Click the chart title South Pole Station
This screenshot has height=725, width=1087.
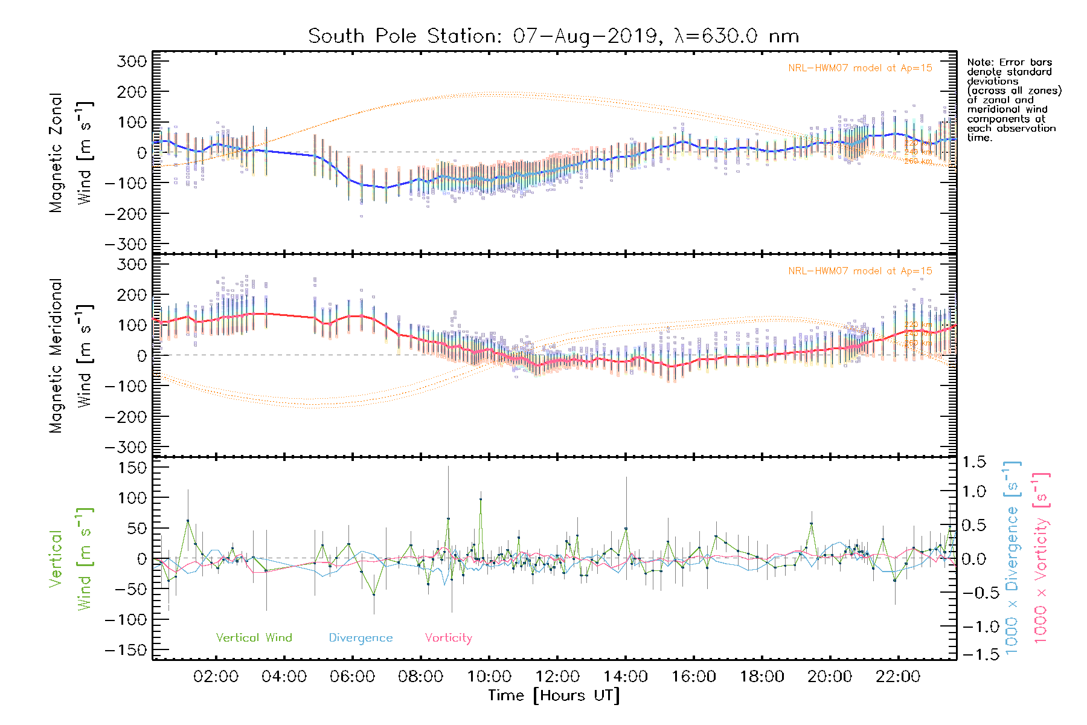click(x=553, y=36)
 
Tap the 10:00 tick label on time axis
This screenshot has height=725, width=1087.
click(x=489, y=677)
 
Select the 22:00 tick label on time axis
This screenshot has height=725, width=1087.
click(x=898, y=677)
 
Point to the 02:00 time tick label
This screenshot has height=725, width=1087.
click(x=216, y=677)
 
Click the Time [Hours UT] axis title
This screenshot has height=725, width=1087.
click(x=554, y=695)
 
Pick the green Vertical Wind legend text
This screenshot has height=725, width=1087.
click(x=254, y=638)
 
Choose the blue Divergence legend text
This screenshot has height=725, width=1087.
click(x=361, y=638)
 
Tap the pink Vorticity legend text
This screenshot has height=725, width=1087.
click(x=448, y=638)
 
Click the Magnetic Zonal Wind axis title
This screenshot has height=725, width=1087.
click(x=71, y=153)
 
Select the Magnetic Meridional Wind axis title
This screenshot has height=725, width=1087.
click(x=71, y=356)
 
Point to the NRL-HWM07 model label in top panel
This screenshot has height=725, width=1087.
click(x=860, y=68)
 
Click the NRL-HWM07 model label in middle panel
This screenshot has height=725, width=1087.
click(x=860, y=271)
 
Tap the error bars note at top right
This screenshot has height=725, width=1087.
click(x=1013, y=100)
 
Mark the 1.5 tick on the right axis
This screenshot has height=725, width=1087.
click(x=974, y=462)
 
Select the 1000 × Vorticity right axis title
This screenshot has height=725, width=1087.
click(x=1041, y=558)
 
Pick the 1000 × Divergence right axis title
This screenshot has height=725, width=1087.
click(x=1012, y=558)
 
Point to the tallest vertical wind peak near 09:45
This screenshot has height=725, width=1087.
click(x=481, y=499)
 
